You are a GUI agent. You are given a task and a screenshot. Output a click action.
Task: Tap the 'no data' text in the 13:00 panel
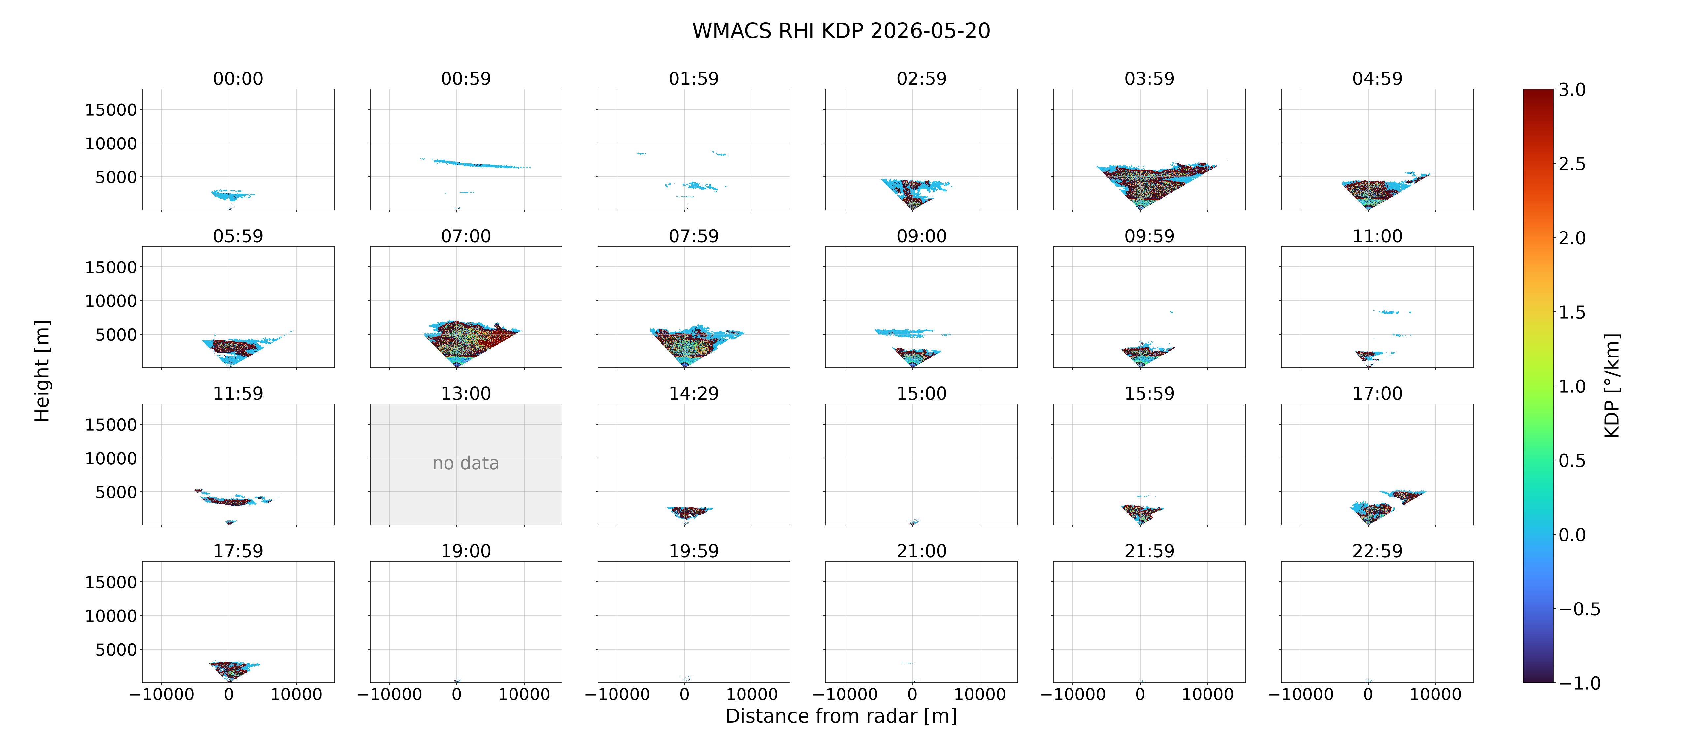pyautogui.click(x=466, y=463)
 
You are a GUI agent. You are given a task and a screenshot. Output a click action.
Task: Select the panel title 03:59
pyautogui.click(x=1149, y=78)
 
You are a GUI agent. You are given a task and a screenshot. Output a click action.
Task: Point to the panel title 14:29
pyautogui.click(x=694, y=393)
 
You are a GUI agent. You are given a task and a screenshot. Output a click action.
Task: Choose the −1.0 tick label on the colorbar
pyautogui.click(x=1579, y=683)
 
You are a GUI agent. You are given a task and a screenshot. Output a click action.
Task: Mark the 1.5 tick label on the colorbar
pyautogui.click(x=1572, y=312)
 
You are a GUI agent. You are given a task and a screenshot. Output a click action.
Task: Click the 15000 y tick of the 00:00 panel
pyautogui.click(x=111, y=110)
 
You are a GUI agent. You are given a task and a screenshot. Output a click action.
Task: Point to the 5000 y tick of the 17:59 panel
pyautogui.click(x=116, y=649)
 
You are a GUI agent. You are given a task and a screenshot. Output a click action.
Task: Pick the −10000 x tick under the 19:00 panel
pyautogui.click(x=389, y=694)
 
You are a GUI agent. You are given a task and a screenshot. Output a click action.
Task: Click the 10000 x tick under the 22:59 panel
pyautogui.click(x=1435, y=694)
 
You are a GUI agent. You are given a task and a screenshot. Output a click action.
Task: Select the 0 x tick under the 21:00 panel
pyautogui.click(x=913, y=694)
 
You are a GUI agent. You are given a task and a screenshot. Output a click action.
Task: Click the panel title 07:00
pyautogui.click(x=466, y=236)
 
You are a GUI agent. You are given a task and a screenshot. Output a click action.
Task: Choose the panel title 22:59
pyautogui.click(x=1377, y=551)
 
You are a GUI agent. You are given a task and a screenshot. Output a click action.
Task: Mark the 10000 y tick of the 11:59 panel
pyautogui.click(x=111, y=458)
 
